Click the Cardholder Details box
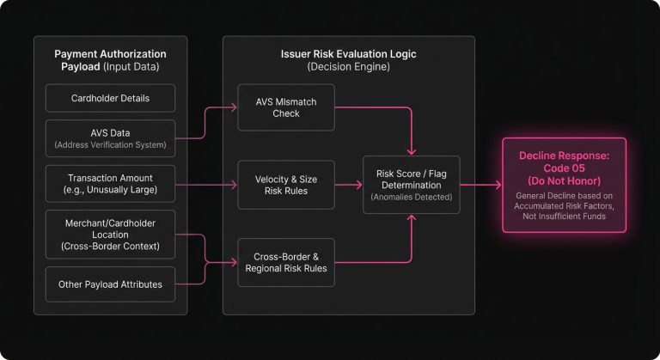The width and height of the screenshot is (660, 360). [x=111, y=98]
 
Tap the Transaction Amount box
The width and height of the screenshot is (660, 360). [x=111, y=184]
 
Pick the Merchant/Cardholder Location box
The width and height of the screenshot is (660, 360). [x=111, y=233]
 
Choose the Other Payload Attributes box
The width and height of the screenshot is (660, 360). [x=111, y=284]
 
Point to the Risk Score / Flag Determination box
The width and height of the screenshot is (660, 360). [x=411, y=185]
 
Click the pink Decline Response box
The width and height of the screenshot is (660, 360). [x=565, y=185]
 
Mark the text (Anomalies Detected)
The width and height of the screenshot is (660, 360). [x=411, y=197]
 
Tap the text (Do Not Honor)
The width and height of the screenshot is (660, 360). [x=565, y=181]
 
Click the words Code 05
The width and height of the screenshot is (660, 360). [x=565, y=168]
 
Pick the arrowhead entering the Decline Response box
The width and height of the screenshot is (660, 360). [x=498, y=185]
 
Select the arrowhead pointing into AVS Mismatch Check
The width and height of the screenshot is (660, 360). [x=234, y=107]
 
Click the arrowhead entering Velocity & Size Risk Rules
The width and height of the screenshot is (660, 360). [x=234, y=185]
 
